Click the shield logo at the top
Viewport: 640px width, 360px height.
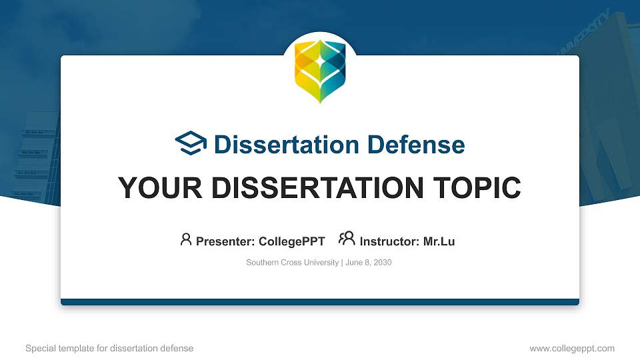pos(320,71)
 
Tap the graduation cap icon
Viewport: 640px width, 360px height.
pos(191,143)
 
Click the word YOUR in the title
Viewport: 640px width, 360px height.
pos(155,188)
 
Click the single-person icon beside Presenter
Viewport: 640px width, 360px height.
pos(186,239)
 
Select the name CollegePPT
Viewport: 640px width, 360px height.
pos(291,241)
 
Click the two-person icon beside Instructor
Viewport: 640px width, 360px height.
pos(347,239)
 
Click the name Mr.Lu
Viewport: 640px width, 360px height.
pos(439,241)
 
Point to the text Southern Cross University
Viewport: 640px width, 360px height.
pos(293,263)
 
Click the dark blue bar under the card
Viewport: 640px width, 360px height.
pos(320,302)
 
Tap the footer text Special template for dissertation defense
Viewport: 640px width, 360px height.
pos(109,348)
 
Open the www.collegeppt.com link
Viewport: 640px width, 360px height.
pos(572,348)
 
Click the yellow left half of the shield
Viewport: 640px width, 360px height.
pos(306,73)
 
